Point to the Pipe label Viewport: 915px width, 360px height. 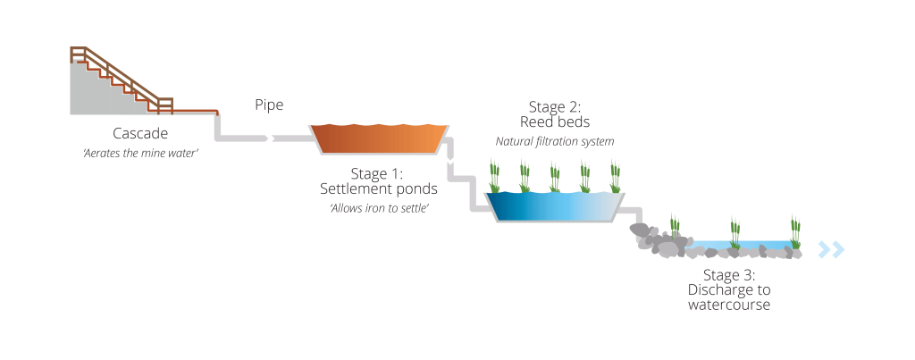268,105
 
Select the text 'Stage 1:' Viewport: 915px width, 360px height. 378,172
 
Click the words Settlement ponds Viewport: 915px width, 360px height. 379,188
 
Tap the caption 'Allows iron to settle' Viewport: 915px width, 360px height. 379,208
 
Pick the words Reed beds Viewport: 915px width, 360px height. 554,122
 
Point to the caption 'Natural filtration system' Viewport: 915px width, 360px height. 554,141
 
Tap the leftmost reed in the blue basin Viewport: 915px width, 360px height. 492,177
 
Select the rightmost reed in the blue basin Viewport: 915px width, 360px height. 615,177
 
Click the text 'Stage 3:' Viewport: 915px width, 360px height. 729,274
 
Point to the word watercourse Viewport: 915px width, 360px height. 729,305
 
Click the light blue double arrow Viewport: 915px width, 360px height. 832,249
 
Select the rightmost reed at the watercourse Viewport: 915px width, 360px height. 794,232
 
